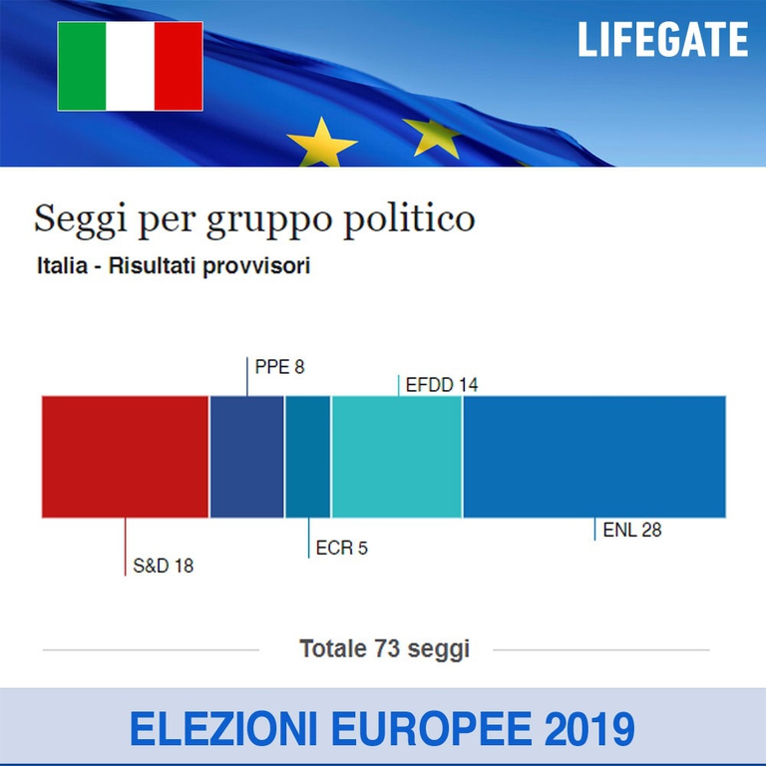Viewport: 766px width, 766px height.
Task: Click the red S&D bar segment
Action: pyautogui.click(x=125, y=456)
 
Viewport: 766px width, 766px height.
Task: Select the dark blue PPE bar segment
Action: pyautogui.click(x=246, y=456)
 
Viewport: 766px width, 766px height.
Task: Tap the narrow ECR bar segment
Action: pyautogui.click(x=307, y=456)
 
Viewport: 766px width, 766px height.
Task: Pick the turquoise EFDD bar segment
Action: pyautogui.click(x=396, y=456)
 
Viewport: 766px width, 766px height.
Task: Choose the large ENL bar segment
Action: pyautogui.click(x=593, y=456)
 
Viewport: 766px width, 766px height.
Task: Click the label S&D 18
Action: pyautogui.click(x=164, y=567)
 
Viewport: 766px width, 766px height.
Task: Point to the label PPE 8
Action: pyautogui.click(x=279, y=367)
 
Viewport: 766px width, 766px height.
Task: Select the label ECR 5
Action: pyautogui.click(x=341, y=548)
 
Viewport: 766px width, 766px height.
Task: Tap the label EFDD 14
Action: pyautogui.click(x=441, y=384)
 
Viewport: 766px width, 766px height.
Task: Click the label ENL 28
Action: pyautogui.click(x=632, y=531)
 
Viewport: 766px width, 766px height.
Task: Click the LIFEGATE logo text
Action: pyautogui.click(x=662, y=40)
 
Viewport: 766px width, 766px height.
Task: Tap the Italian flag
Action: pyautogui.click(x=130, y=66)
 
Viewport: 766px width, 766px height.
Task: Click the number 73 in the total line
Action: pyautogui.click(x=386, y=649)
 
